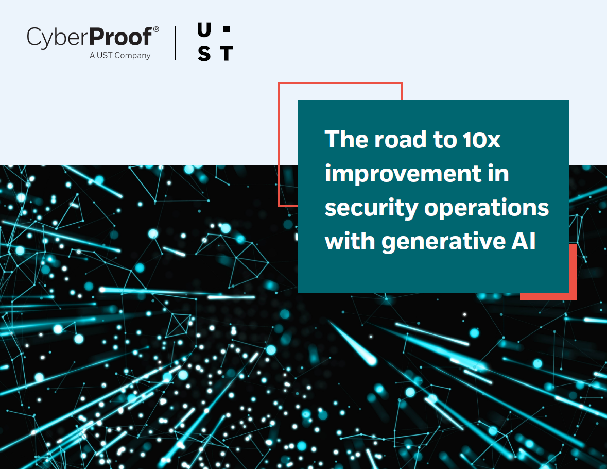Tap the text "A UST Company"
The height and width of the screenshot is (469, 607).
[119, 56]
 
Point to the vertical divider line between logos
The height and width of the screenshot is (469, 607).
[176, 43]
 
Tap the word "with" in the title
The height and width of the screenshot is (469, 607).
[350, 241]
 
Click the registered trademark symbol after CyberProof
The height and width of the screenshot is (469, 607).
[156, 30]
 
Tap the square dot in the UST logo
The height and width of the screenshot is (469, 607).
[227, 31]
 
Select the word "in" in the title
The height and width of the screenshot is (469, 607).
[498, 174]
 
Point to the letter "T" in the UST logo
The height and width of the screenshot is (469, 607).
[227, 54]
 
